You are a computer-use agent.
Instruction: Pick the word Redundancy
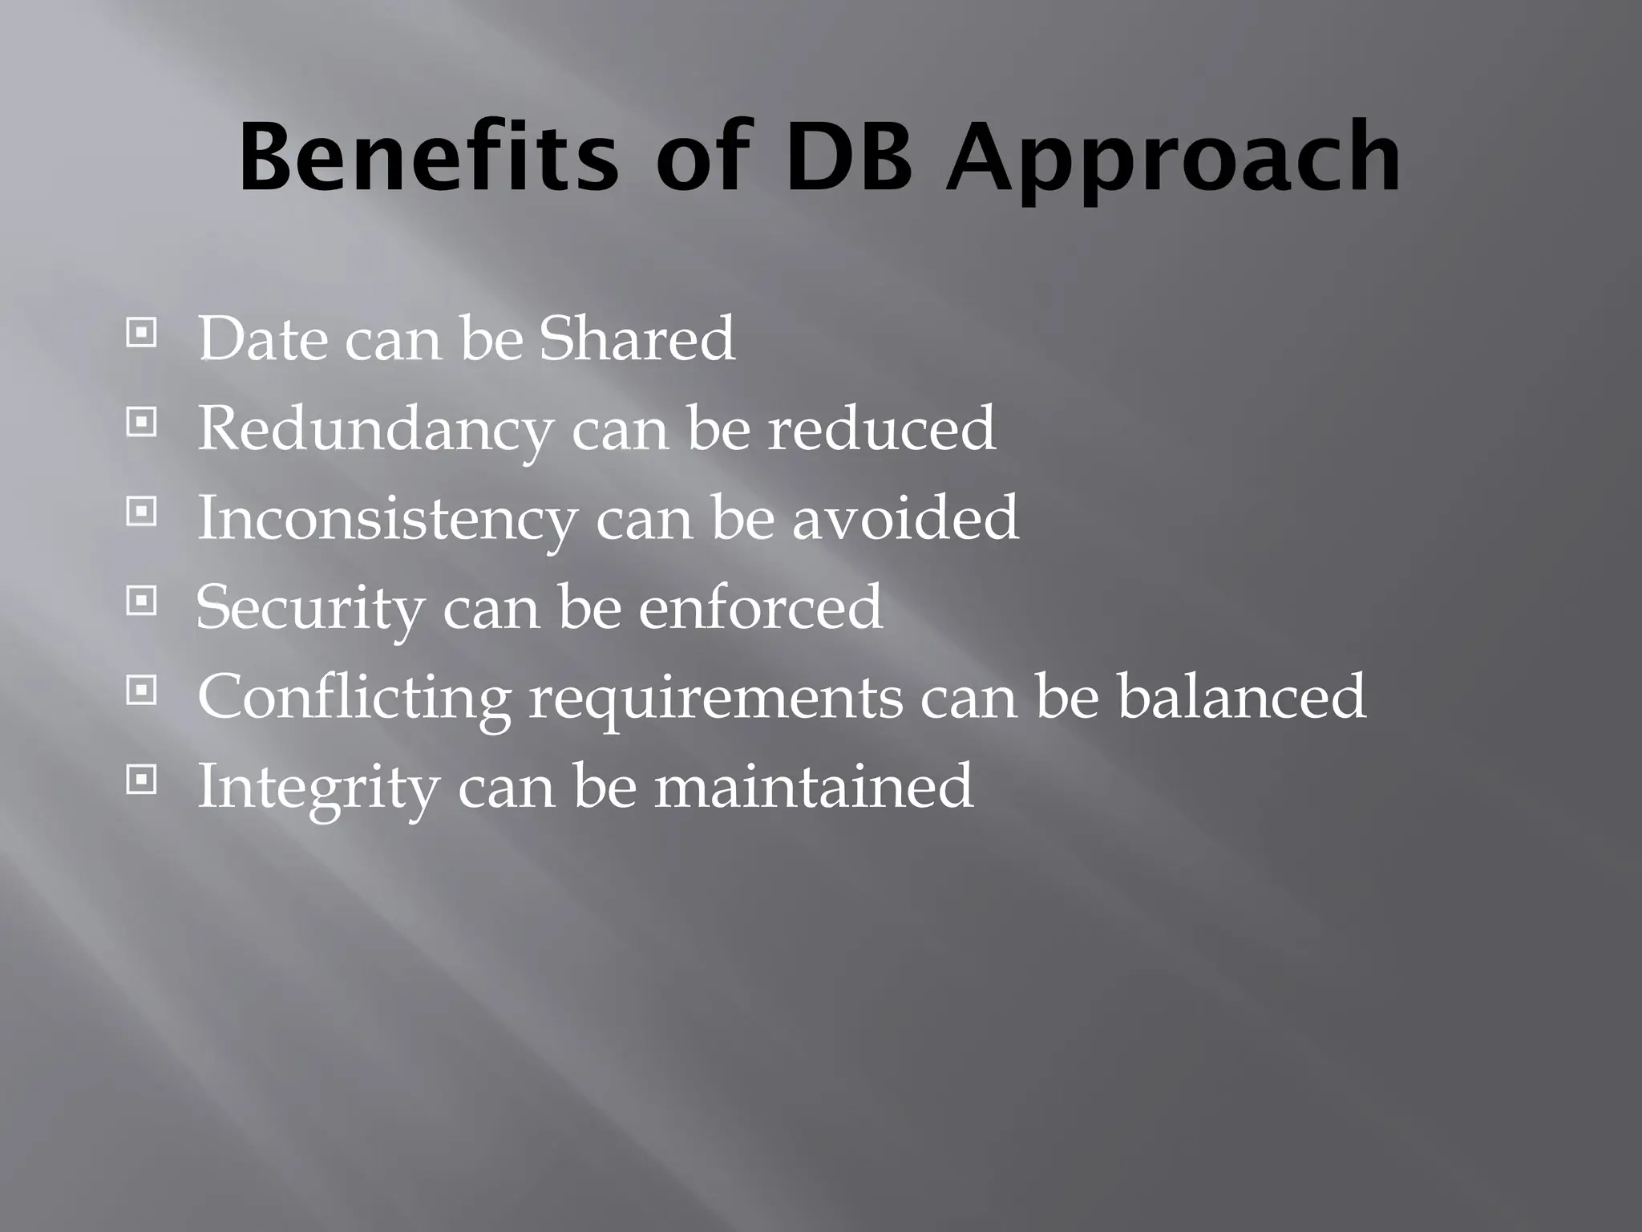[375, 430]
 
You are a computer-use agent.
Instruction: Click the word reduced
[881, 428]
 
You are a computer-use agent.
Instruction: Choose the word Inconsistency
[386, 519]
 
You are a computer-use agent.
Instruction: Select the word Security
[310, 609]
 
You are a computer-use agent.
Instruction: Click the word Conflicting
[354, 699]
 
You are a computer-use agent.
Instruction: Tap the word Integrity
[317, 788]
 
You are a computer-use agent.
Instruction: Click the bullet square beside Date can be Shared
[141, 332]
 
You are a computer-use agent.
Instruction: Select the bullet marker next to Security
[141, 601]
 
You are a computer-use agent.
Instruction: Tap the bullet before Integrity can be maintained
[141, 780]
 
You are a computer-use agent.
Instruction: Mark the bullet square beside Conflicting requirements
[141, 690]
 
